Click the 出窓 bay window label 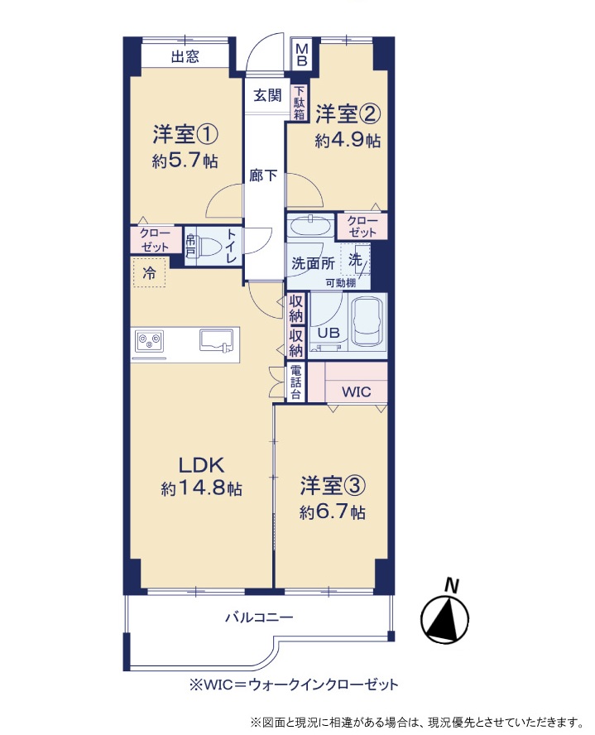point(185,57)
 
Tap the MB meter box point(302,55)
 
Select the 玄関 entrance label point(267,96)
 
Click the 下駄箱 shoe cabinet point(299,103)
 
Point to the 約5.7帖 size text point(185,161)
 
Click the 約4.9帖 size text point(348,140)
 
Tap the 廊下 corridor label point(263,176)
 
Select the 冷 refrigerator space point(149,272)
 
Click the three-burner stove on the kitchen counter point(150,340)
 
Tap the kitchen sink point(216,340)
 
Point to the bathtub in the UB point(367,322)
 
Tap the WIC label point(357,392)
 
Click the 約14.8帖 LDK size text point(201,489)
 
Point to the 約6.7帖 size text point(333,512)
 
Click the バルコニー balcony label point(259,617)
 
